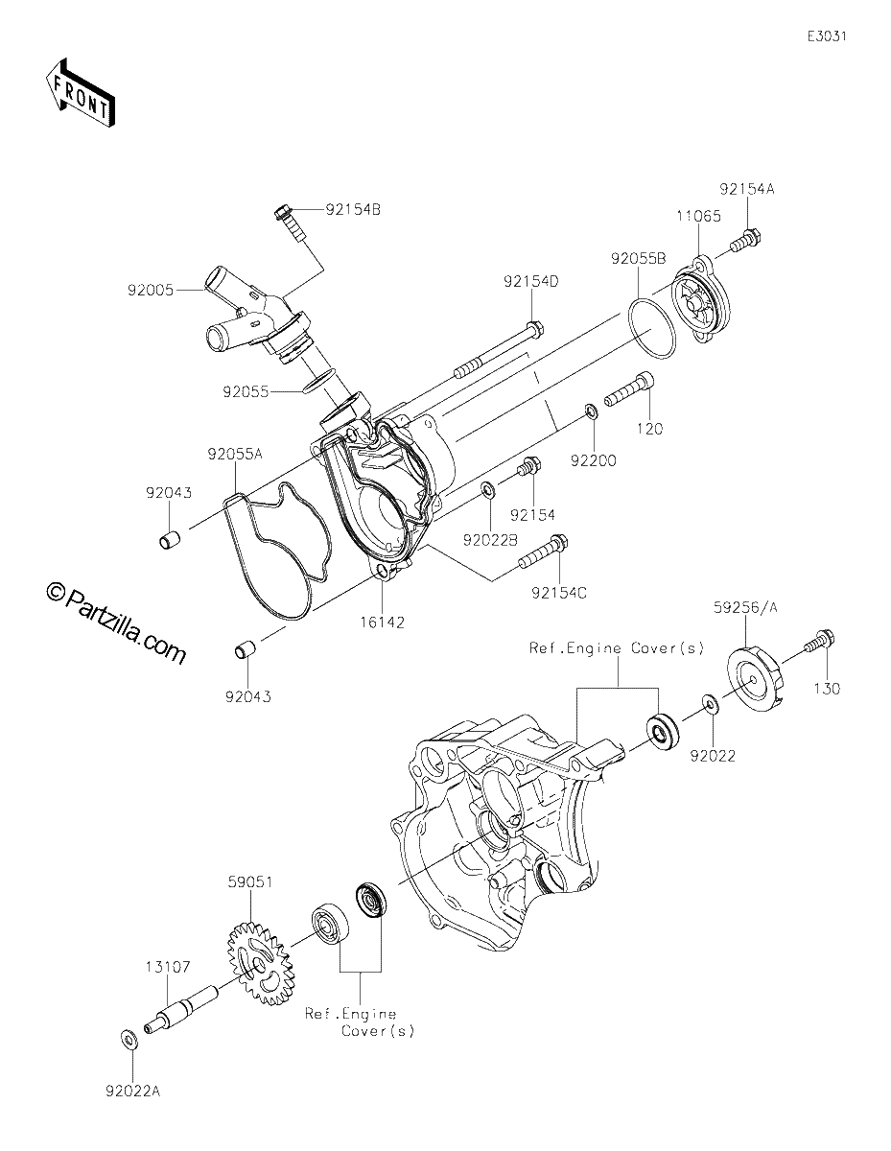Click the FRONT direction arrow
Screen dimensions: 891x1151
(x=81, y=93)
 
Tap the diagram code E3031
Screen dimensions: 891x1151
(x=827, y=36)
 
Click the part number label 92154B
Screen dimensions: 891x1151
(x=353, y=210)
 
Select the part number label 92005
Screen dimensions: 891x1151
(x=151, y=291)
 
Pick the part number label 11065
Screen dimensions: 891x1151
(x=698, y=216)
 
